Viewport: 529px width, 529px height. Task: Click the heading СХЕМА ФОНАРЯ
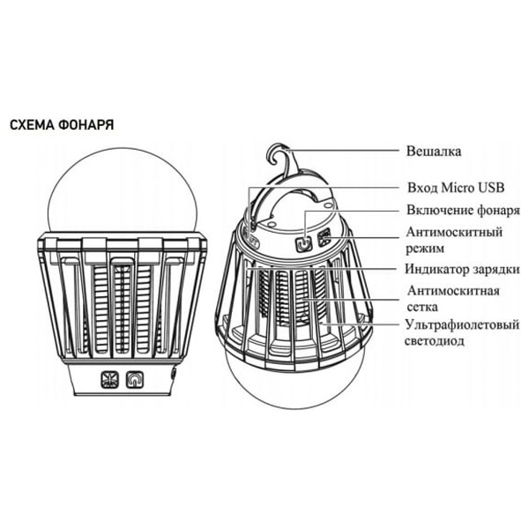click(x=62, y=125)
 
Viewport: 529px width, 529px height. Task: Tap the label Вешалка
click(x=434, y=151)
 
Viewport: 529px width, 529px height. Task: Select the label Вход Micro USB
click(x=456, y=187)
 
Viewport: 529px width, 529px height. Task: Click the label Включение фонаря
click(x=463, y=210)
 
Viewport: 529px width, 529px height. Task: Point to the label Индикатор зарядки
click(x=463, y=269)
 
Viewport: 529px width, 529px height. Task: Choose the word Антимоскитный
click(x=454, y=232)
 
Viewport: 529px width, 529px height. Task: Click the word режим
click(x=425, y=249)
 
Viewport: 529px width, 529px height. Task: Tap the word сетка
click(x=422, y=307)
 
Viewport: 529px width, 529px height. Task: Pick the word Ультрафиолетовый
click(x=462, y=324)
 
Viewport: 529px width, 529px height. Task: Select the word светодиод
click(x=435, y=340)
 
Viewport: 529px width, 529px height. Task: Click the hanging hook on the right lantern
click(x=282, y=158)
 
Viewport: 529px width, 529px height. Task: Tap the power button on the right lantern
click(x=303, y=243)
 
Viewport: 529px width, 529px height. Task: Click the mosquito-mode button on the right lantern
click(x=324, y=237)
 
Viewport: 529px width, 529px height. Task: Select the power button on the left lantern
click(x=135, y=379)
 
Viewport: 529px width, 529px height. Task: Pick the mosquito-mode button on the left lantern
click(x=110, y=379)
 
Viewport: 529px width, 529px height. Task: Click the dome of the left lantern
click(x=123, y=190)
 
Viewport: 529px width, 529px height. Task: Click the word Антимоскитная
click(x=453, y=290)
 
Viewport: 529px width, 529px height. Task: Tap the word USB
click(x=490, y=187)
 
